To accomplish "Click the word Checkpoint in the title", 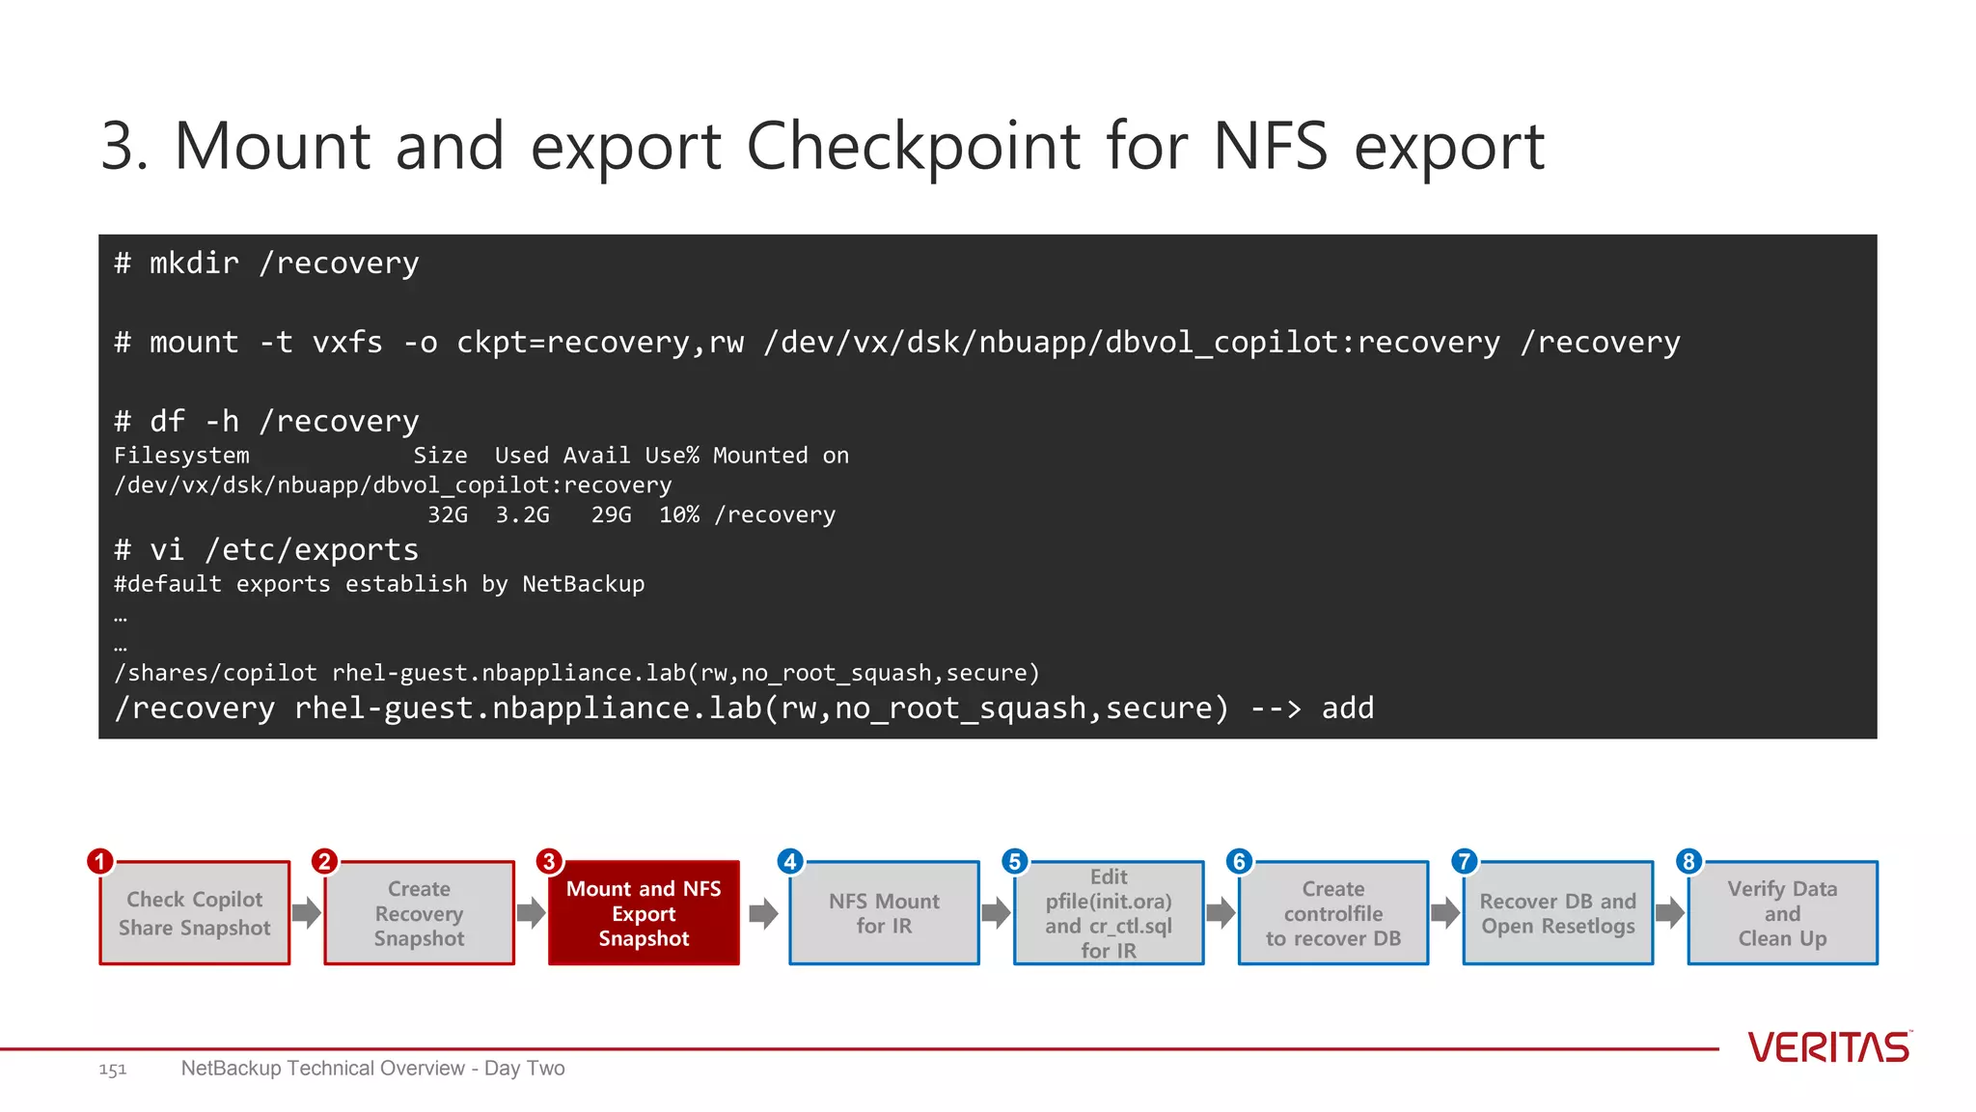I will (913, 147).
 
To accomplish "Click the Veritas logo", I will (1828, 1047).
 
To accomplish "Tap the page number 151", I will (112, 1070).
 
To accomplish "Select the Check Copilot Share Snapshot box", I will (195, 913).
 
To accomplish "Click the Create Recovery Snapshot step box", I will (419, 913).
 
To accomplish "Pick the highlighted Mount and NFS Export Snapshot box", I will (644, 913).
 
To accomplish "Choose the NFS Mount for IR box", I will (884, 913).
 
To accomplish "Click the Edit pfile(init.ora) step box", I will (1109, 913).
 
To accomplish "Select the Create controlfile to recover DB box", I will (1333, 913).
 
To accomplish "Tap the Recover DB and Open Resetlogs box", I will (1557, 913).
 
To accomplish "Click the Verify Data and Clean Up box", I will (1782, 913).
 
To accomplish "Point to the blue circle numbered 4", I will (790, 861).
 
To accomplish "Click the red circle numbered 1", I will (100, 861).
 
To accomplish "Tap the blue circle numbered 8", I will (1688, 861).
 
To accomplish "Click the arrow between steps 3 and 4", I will (763, 913).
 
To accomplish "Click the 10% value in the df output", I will (679, 515).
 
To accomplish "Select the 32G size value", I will (448, 515).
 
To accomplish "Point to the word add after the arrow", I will (1347, 709).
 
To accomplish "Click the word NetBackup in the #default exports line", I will (583, 584).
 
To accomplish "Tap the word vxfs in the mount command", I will (347, 343).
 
